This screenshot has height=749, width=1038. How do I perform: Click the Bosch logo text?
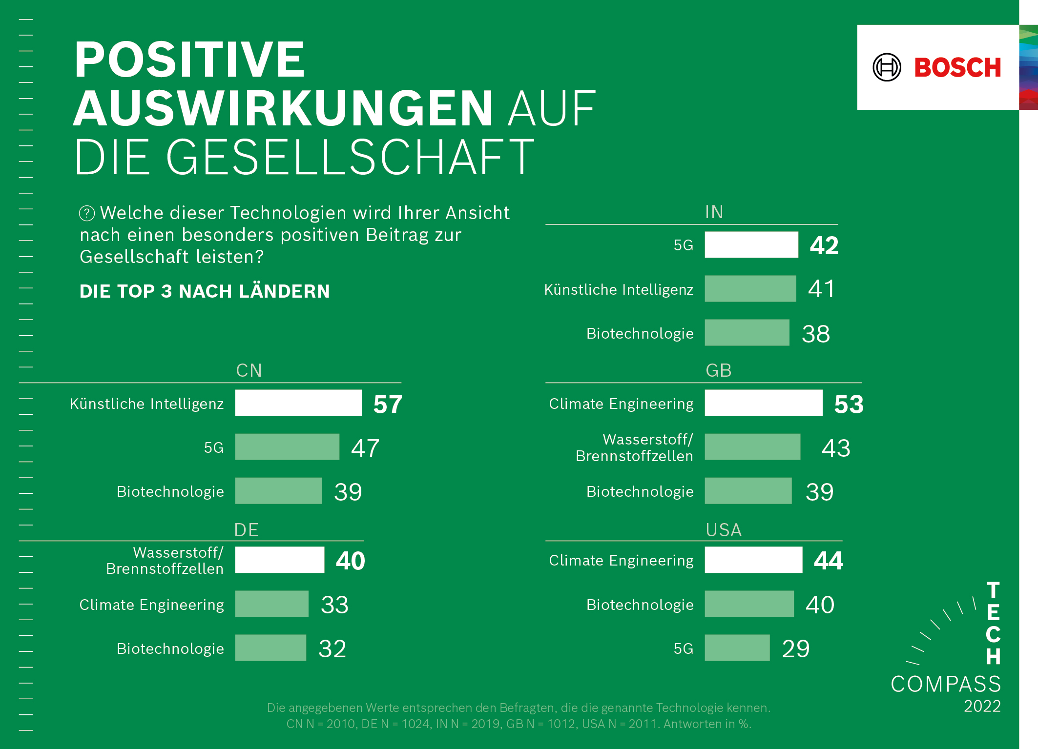click(957, 67)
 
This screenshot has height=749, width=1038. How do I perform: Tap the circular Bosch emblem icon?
click(887, 67)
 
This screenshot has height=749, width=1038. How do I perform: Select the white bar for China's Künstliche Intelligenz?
click(298, 403)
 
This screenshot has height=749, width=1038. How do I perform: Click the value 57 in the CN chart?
click(388, 404)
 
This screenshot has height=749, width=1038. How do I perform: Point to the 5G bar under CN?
click(287, 447)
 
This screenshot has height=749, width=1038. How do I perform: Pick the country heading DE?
click(247, 530)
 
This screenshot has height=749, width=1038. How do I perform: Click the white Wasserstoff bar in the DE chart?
click(279, 560)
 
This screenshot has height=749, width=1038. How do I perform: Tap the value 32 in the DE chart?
click(332, 648)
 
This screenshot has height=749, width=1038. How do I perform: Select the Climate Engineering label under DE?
click(151, 605)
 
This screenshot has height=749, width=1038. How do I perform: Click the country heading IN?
click(714, 212)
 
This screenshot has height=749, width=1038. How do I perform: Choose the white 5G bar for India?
click(751, 244)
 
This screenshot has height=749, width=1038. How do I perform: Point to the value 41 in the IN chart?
click(822, 289)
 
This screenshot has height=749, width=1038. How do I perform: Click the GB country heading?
click(718, 370)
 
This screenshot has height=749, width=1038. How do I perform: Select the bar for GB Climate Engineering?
click(763, 403)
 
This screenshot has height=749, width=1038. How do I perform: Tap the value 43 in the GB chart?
click(836, 448)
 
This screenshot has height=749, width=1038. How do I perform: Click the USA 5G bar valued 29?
click(737, 648)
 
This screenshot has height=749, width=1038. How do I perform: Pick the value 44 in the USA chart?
click(828, 561)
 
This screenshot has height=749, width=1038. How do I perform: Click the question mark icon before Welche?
click(87, 213)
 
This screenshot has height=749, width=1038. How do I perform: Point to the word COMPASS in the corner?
click(946, 684)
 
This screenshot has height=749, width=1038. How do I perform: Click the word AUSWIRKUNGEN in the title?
click(283, 108)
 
